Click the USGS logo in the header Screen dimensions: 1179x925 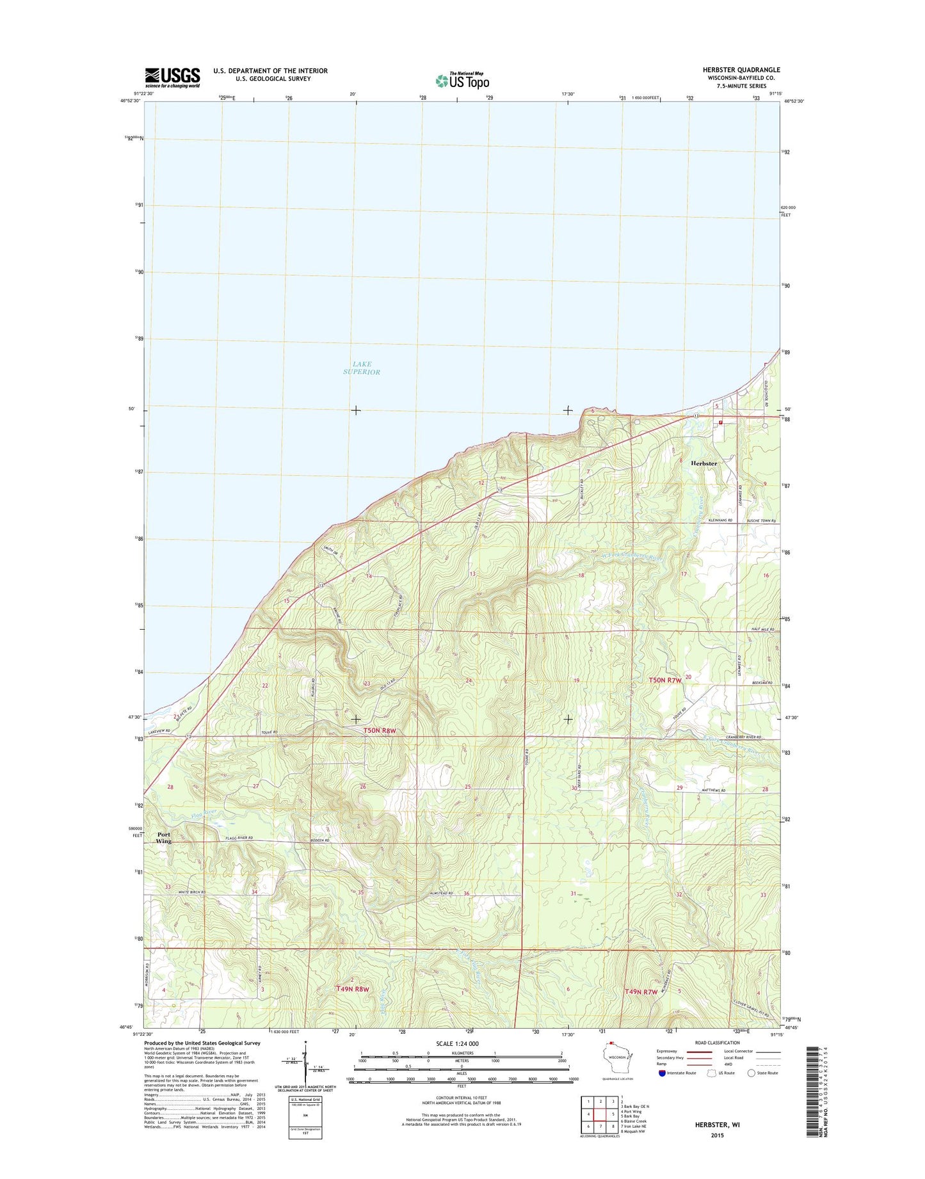[x=172, y=77]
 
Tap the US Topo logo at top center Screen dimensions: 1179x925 [x=462, y=81]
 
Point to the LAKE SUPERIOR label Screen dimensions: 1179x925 [x=362, y=368]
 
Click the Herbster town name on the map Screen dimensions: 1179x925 [x=704, y=463]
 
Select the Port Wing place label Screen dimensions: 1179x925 [x=164, y=838]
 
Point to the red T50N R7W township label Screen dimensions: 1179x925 [x=665, y=681]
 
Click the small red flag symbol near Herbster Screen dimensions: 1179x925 [x=721, y=422]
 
